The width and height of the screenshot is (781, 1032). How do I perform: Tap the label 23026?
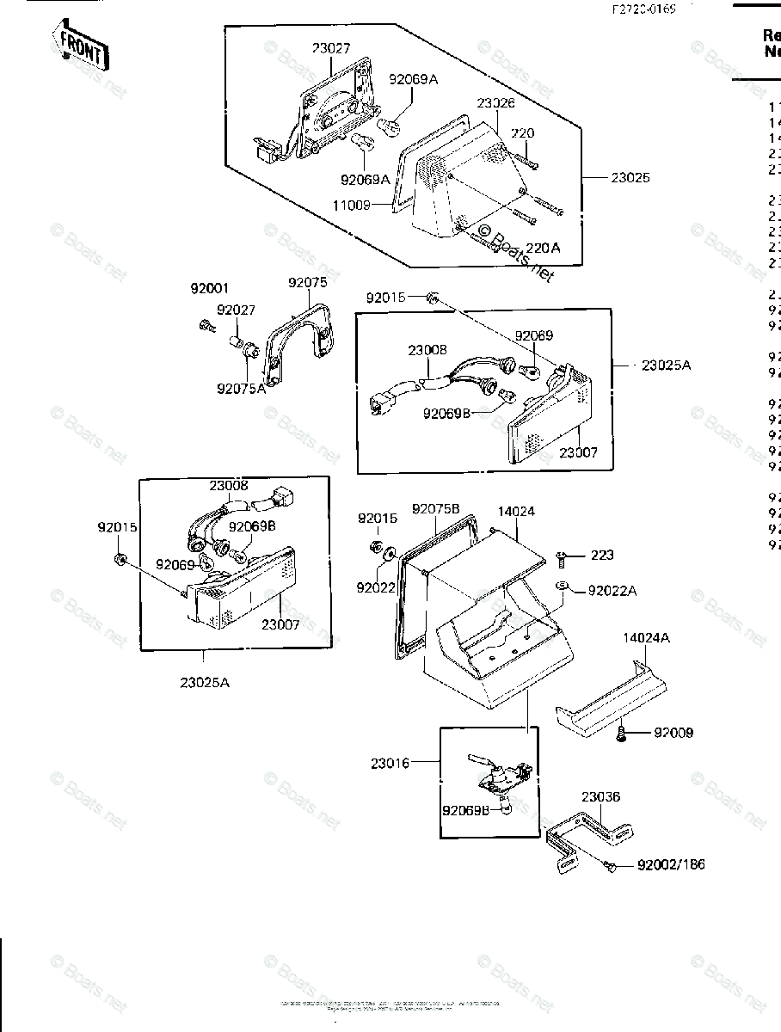496,103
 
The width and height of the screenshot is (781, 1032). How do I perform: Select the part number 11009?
352,206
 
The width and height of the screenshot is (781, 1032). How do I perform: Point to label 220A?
543,248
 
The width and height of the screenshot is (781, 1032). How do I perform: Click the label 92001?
211,290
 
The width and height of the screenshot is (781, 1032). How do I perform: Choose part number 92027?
236,310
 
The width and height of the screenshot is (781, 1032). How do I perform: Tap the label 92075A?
242,388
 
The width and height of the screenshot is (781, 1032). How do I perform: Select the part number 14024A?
647,638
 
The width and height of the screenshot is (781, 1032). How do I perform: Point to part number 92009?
673,734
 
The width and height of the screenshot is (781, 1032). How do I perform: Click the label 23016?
391,762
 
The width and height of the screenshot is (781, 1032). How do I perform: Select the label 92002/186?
671,865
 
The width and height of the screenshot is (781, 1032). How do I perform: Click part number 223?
602,556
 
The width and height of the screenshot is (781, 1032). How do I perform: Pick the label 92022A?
612,591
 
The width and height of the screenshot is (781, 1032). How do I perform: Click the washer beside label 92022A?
563,587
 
